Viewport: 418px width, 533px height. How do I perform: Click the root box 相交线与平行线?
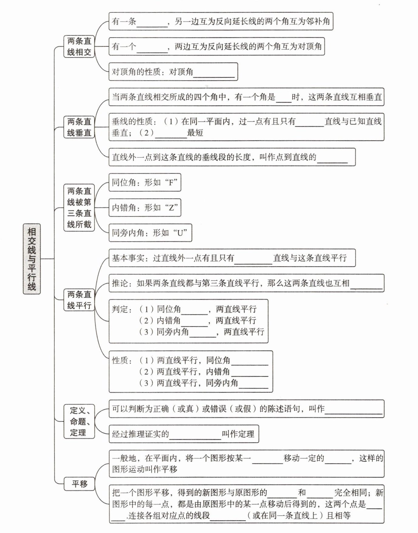point(32,259)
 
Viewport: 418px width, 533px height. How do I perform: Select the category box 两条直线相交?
point(79,46)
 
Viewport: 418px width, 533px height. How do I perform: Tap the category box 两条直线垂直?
point(79,127)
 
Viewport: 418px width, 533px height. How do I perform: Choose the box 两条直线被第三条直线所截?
point(79,208)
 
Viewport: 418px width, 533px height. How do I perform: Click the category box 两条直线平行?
point(79,300)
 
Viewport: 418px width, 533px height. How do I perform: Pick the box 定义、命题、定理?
point(79,421)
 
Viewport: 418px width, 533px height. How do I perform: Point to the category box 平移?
point(79,483)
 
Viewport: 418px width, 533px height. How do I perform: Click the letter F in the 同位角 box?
point(172,183)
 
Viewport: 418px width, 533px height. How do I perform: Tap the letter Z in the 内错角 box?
point(172,208)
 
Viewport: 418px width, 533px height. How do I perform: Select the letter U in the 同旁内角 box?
point(180,233)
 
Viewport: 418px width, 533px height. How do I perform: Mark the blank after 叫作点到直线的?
point(332,159)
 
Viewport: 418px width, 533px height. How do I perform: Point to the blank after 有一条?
point(152,23)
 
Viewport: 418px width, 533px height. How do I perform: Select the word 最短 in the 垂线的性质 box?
point(195,133)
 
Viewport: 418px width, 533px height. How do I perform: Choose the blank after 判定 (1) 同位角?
point(194,311)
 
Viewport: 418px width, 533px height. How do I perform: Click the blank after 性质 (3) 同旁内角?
point(253,384)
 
